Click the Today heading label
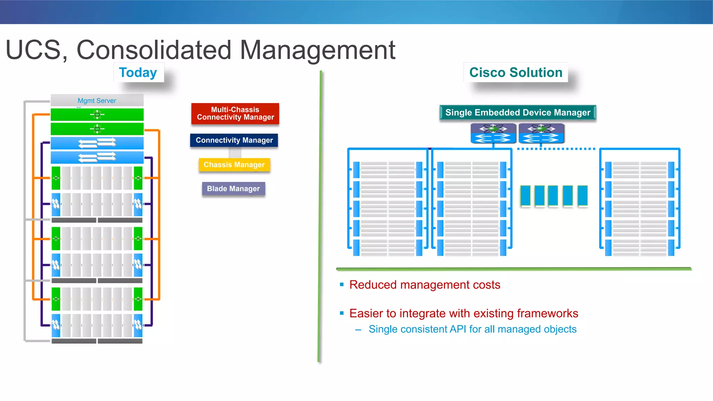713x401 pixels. click(138, 73)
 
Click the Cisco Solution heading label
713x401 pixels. click(516, 73)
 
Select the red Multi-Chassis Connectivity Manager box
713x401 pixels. click(235, 114)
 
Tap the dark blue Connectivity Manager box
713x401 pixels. click(234, 140)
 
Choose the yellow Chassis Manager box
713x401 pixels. click(234, 165)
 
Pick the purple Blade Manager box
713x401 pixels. click(233, 189)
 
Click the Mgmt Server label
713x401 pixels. click(97, 101)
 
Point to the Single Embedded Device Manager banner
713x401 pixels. click(518, 113)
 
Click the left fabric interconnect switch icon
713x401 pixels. click(493, 134)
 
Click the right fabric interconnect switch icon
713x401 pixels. click(541, 134)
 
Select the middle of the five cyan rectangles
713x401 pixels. click(553, 195)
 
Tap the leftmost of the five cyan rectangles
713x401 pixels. click(525, 195)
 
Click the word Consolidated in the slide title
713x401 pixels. click(154, 50)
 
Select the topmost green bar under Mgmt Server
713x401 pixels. click(97, 114)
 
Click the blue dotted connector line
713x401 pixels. click(556, 149)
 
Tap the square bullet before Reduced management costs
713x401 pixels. click(342, 284)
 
